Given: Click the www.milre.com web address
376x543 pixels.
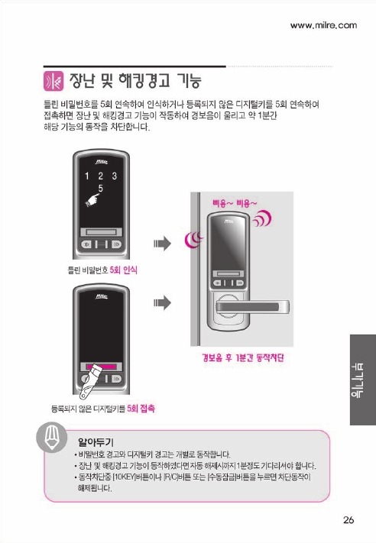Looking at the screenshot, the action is pyautogui.click(x=323, y=25).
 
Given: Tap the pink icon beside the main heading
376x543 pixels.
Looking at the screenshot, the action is pyautogui.click(x=53, y=81).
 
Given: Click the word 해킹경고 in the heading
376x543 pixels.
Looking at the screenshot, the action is pyautogui.click(x=144, y=80).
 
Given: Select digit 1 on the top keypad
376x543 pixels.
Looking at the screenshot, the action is pyautogui.click(x=87, y=176).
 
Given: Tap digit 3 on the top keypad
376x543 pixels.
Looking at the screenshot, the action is pyautogui.click(x=115, y=176).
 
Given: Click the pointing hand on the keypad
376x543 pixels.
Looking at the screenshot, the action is pyautogui.click(x=92, y=200).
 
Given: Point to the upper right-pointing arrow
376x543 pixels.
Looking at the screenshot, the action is pyautogui.click(x=162, y=244).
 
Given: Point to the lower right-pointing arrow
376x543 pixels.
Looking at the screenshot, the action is pyautogui.click(x=162, y=302).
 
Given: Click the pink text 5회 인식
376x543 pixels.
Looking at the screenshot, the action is pyautogui.click(x=123, y=270).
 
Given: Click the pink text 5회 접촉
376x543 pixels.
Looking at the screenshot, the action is pyautogui.click(x=141, y=409).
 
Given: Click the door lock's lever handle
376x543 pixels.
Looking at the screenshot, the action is pyautogui.click(x=252, y=307).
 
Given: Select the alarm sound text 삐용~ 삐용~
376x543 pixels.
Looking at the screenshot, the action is pyautogui.click(x=235, y=203).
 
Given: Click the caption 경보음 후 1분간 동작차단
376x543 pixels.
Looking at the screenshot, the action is pyautogui.click(x=243, y=357).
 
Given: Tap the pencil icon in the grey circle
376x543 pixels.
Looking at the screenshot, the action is pyautogui.click(x=52, y=438).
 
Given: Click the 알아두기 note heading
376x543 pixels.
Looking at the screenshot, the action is pyautogui.click(x=96, y=442).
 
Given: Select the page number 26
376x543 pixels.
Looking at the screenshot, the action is pyautogui.click(x=349, y=520).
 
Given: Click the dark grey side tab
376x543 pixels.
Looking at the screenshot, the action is pyautogui.click(x=363, y=380).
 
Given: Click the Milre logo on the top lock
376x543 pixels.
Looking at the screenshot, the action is pyautogui.click(x=101, y=162).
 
